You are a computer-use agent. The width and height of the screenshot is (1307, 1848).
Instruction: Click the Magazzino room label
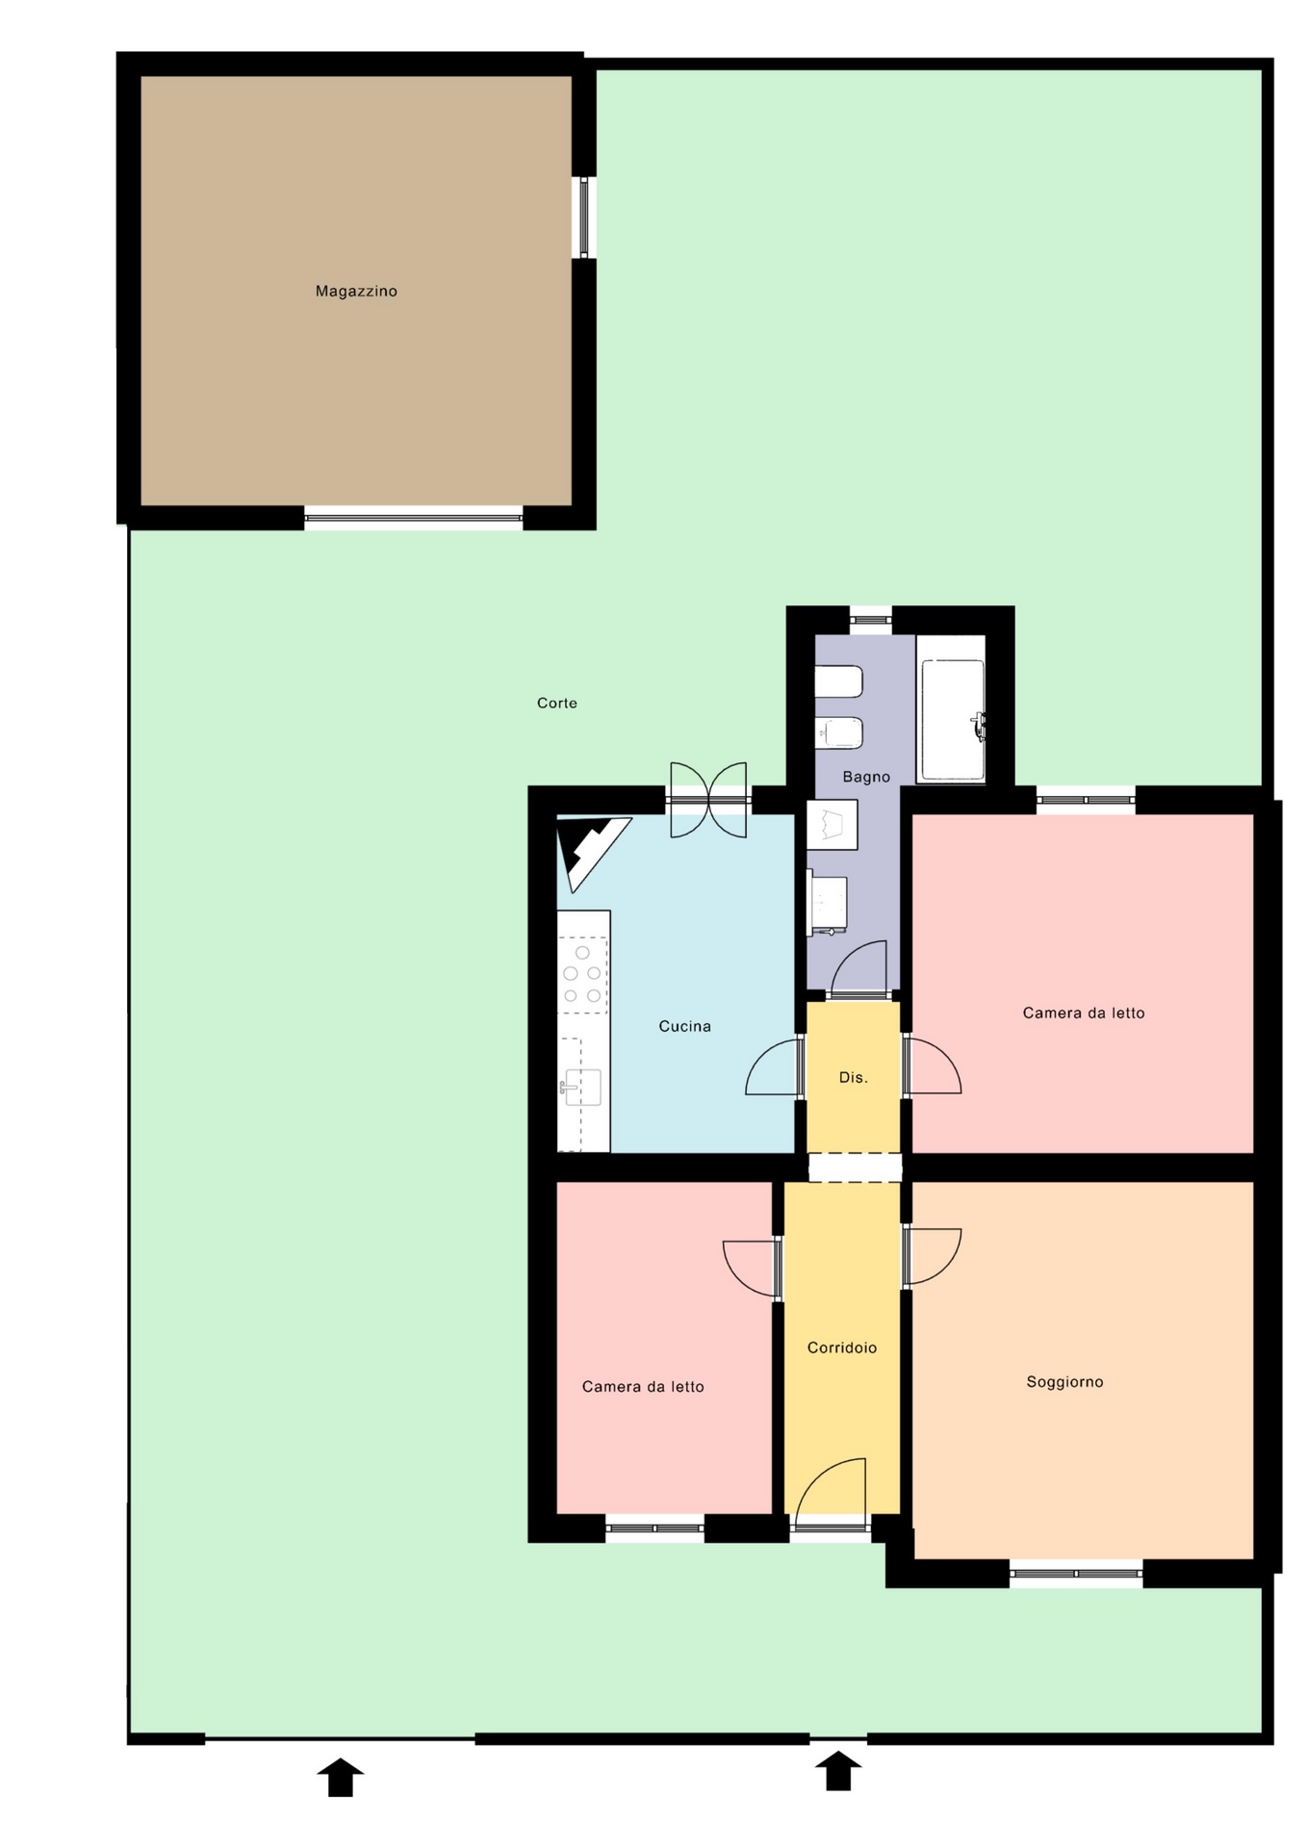tap(356, 291)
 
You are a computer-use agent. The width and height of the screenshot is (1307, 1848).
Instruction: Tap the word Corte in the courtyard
tap(557, 703)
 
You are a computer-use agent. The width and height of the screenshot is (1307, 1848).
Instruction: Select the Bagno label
tap(866, 777)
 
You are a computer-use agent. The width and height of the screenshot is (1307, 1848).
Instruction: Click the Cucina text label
tap(684, 1026)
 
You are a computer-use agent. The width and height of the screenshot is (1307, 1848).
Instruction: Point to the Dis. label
tap(854, 1077)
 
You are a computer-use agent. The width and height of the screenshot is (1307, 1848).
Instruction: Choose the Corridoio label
tap(842, 1347)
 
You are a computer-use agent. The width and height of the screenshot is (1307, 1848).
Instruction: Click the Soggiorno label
tap(1064, 1381)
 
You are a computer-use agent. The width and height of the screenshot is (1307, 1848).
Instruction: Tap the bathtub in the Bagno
tap(953, 720)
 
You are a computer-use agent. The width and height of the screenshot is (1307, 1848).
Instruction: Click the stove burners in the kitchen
tap(582, 974)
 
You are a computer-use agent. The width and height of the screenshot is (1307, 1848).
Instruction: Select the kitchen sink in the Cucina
tap(581, 1088)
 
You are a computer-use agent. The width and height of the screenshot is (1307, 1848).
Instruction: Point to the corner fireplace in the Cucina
tap(589, 849)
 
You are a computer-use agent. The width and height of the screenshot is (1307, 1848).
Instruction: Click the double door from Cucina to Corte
tap(708, 800)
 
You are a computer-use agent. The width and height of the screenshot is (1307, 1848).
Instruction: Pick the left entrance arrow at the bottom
tap(341, 1777)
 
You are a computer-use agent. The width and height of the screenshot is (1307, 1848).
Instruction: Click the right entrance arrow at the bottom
tap(838, 1771)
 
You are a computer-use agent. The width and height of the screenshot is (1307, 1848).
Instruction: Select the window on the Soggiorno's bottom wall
tap(1076, 1574)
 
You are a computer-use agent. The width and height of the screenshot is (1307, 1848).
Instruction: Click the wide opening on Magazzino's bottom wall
tap(414, 518)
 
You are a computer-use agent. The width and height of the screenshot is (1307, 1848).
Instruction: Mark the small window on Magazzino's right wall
tap(583, 218)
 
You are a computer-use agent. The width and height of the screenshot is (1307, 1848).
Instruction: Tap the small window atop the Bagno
tap(871, 620)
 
